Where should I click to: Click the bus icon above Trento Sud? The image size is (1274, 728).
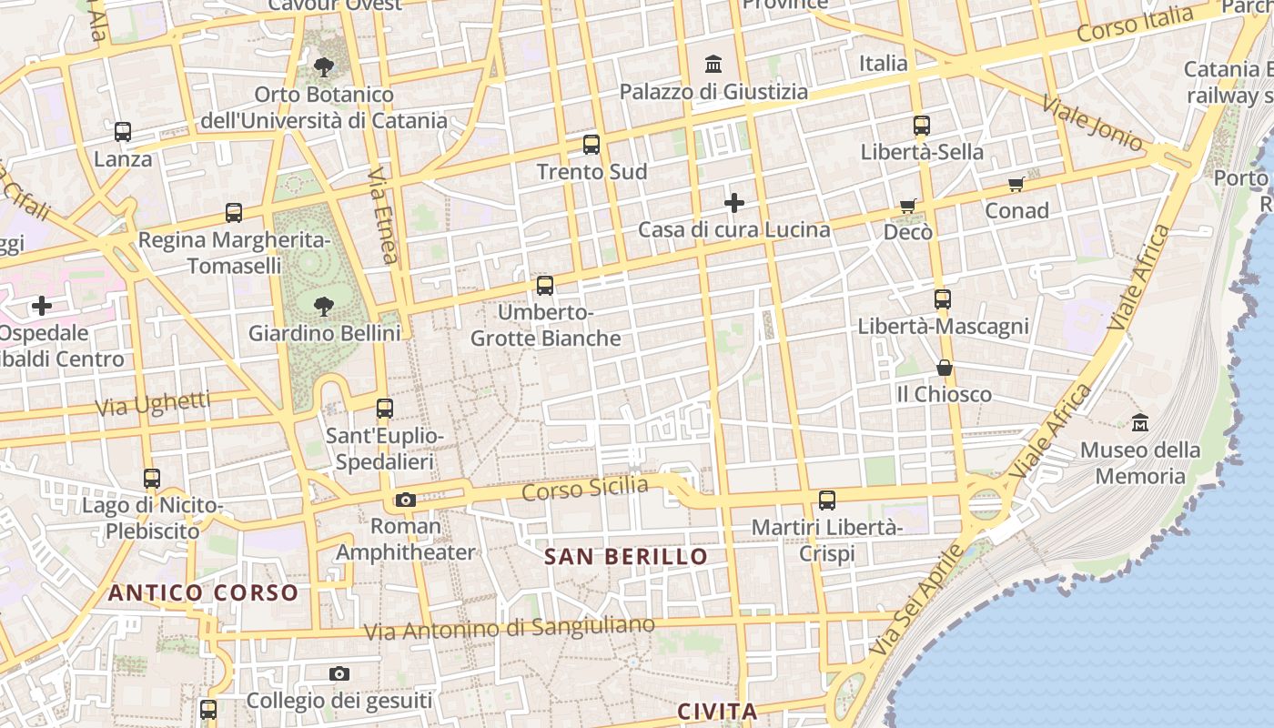click(x=591, y=144)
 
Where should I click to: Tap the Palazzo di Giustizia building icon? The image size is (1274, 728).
click(x=713, y=65)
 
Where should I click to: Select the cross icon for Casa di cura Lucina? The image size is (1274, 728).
click(x=734, y=202)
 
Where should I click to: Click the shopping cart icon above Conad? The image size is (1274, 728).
click(x=1016, y=184)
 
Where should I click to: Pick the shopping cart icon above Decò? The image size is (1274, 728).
click(x=907, y=206)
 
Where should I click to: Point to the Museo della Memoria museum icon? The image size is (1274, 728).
click(x=1140, y=423)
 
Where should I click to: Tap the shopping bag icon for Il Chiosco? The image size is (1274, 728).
click(x=945, y=368)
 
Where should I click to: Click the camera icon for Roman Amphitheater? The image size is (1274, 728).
click(x=406, y=500)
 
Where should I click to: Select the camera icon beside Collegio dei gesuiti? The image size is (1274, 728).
click(x=339, y=673)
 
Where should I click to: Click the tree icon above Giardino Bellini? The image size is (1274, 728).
click(x=323, y=306)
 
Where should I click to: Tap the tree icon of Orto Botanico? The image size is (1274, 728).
click(x=323, y=66)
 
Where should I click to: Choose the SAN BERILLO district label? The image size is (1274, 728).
click(x=625, y=556)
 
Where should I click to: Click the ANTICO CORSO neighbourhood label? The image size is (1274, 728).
click(x=203, y=593)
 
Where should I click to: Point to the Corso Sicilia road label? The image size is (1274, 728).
click(x=585, y=489)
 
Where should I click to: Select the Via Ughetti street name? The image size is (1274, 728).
click(x=153, y=403)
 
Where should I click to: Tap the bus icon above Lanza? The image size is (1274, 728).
click(x=123, y=132)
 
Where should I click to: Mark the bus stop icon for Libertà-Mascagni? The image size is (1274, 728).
click(x=943, y=298)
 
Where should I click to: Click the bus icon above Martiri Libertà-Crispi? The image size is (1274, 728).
click(x=827, y=500)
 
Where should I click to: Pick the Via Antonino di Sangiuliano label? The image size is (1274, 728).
click(x=509, y=628)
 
